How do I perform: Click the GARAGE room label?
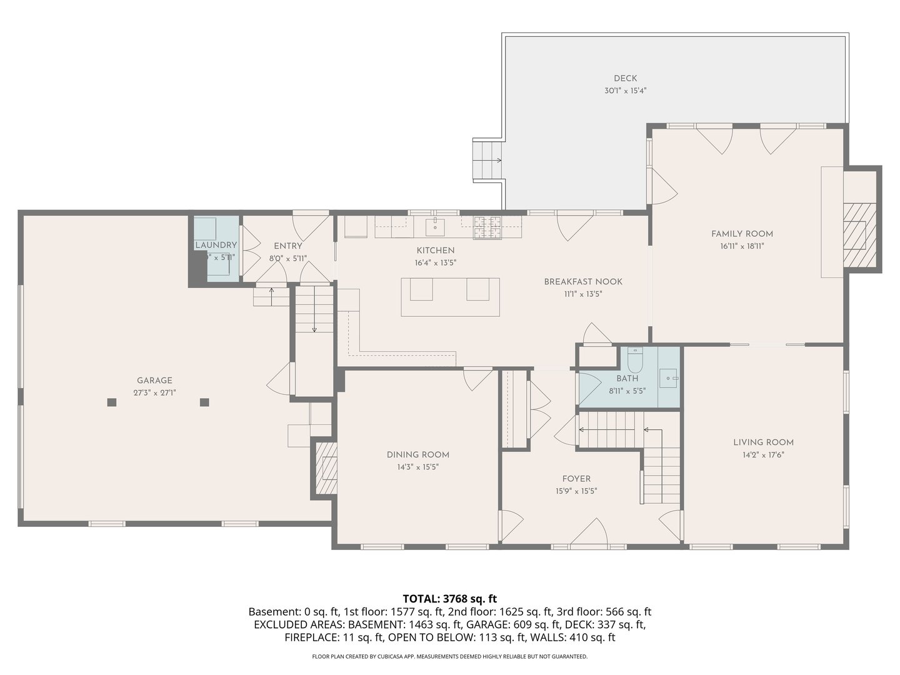point(154,380)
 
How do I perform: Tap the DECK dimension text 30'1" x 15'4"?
point(625,91)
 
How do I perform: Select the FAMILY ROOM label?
point(742,234)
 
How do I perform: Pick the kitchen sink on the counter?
point(435,226)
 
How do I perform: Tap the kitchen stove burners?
point(487,227)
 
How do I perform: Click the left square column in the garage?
point(112,402)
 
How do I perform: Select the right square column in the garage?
point(204,402)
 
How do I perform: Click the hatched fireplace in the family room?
point(854,235)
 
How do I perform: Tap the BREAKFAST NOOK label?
point(582,282)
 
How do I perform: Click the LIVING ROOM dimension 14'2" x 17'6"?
point(763,455)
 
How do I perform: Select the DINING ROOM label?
point(417,454)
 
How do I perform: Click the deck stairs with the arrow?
point(487,160)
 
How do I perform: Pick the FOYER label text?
point(576,479)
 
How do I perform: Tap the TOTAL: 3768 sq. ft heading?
point(449,599)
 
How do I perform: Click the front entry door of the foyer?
point(589,534)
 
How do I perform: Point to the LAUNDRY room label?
point(216,245)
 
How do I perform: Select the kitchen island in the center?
point(450,297)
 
